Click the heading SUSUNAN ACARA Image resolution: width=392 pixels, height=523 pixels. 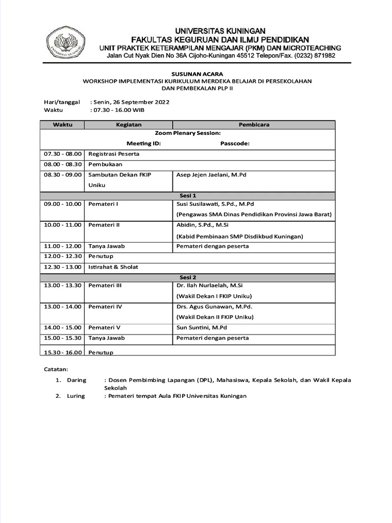tap(197, 74)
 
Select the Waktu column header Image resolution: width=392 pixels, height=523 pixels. tap(62, 125)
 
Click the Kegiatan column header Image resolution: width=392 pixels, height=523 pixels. tap(129, 125)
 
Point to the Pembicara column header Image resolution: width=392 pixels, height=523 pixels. tap(254, 125)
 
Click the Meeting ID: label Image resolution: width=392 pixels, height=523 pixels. tap(143, 144)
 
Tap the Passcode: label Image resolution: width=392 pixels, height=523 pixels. tap(235, 144)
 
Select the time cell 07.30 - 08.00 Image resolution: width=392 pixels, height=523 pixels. tap(62, 154)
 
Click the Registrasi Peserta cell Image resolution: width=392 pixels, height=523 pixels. tap(114, 154)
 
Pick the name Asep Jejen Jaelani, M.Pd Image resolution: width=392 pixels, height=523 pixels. tap(211, 175)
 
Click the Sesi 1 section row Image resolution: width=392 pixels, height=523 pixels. tap(188, 196)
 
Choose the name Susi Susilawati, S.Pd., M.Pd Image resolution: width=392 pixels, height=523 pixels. tap(215, 204)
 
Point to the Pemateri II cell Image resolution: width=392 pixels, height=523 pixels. tap(104, 225)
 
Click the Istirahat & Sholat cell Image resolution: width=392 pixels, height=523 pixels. tap(113, 267)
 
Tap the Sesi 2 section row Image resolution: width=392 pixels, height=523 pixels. tap(188, 277)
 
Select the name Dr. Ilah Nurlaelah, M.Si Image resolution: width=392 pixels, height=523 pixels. tap(209, 286)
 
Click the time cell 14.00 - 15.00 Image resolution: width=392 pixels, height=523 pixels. tap(62, 327)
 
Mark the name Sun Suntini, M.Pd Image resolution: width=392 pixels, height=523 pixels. tap(202, 327)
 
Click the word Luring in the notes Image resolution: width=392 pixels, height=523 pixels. tap(76, 396)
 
